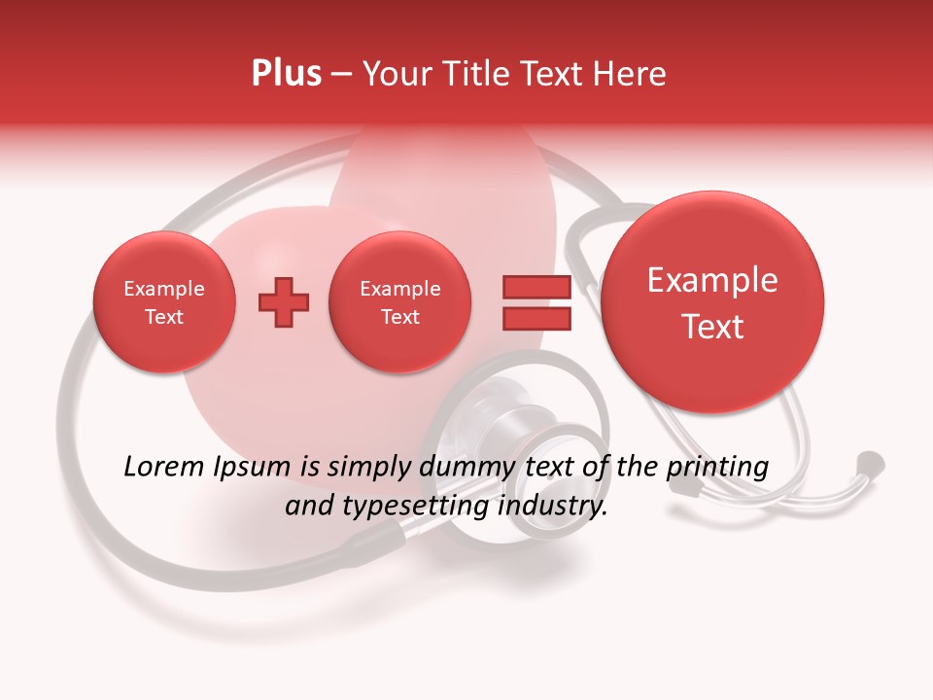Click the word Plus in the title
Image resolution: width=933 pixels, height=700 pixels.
pos(286,74)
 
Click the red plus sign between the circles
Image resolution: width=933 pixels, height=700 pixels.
pos(283,302)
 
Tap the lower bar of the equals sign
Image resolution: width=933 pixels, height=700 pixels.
pos(536,319)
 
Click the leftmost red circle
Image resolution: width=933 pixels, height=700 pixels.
pos(164,302)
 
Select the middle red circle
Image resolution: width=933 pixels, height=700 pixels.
pos(399,302)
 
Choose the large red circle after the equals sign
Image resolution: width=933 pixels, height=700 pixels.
pos(712,302)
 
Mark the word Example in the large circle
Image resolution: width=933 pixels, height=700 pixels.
pos(712,280)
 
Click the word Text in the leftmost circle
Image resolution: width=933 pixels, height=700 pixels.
pos(164,317)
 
